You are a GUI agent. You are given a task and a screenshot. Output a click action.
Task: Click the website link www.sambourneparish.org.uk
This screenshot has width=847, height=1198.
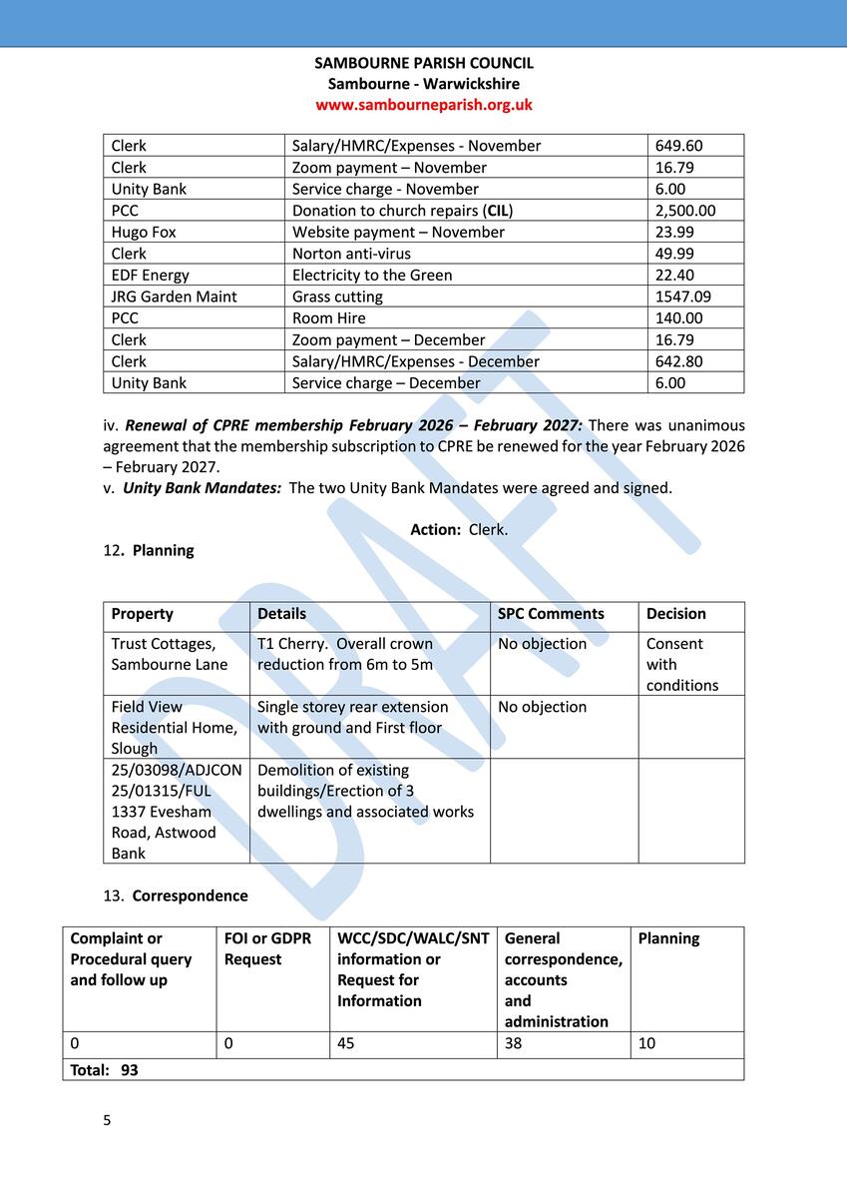(x=424, y=105)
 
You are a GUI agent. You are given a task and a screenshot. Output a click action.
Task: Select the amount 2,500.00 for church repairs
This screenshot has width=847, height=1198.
(x=684, y=211)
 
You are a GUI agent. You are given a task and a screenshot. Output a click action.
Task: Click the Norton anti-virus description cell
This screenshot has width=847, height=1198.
(x=351, y=254)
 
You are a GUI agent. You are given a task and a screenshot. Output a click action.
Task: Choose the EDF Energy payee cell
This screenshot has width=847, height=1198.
(x=150, y=276)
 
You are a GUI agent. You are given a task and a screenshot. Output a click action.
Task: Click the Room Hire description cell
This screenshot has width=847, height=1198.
(x=329, y=318)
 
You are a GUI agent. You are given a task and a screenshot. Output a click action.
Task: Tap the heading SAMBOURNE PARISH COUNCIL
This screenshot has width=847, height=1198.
(x=424, y=63)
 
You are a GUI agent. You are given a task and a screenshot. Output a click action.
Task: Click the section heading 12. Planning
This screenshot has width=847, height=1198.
(x=149, y=550)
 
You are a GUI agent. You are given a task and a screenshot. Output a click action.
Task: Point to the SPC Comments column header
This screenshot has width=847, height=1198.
(x=551, y=614)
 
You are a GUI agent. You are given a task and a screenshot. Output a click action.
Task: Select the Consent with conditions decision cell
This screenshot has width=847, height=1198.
(x=681, y=664)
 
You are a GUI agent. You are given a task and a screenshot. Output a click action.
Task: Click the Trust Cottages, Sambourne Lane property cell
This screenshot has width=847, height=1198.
(x=170, y=654)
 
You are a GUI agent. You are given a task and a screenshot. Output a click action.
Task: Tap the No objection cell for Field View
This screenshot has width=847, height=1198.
(x=542, y=707)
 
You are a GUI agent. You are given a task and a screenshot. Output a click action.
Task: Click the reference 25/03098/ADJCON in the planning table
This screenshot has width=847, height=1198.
(x=177, y=771)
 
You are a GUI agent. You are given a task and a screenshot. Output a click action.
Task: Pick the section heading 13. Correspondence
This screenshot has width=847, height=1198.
(x=176, y=896)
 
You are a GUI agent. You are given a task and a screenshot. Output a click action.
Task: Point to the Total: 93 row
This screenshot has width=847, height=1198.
(x=104, y=1070)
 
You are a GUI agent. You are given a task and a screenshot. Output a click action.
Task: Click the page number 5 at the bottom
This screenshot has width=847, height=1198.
(x=108, y=1120)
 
